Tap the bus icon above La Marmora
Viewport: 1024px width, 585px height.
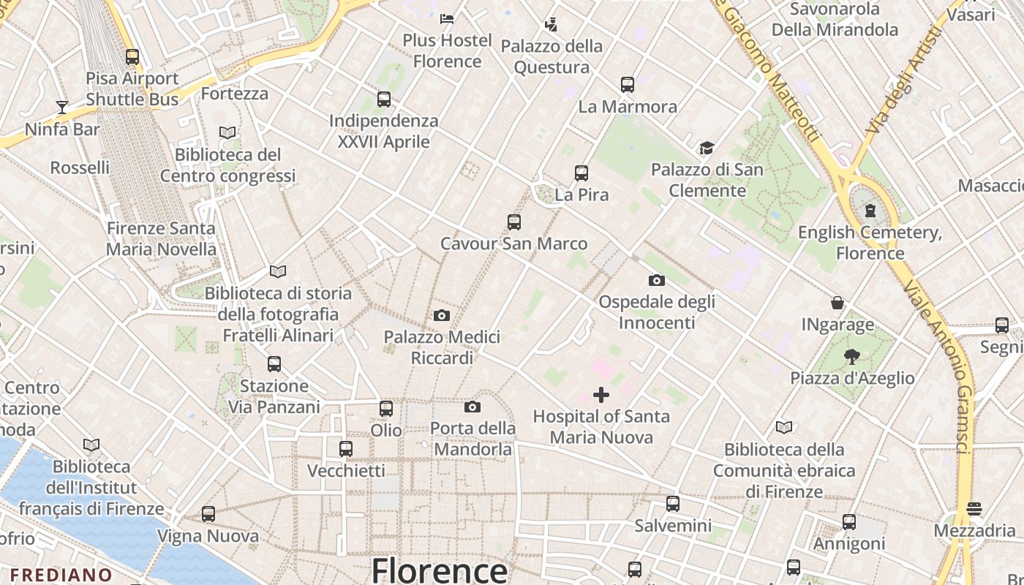pyautogui.click(x=628, y=84)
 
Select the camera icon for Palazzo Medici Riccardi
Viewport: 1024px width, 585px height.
pyautogui.click(x=442, y=315)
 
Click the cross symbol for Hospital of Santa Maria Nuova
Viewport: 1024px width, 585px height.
pyautogui.click(x=601, y=395)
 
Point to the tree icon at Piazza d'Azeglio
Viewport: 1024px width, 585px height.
pyautogui.click(x=851, y=356)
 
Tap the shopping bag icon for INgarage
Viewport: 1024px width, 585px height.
pyautogui.click(x=837, y=303)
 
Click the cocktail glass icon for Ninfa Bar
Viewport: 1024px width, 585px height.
pyautogui.click(x=62, y=107)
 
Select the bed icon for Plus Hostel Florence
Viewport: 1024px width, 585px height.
pyautogui.click(x=447, y=18)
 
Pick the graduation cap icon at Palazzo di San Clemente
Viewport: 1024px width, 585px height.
pyautogui.click(x=707, y=148)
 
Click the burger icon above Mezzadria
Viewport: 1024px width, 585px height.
pyautogui.click(x=974, y=508)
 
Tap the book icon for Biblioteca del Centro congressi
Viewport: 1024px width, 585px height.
pyautogui.click(x=227, y=132)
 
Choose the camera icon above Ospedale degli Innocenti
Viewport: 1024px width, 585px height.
pyautogui.click(x=657, y=280)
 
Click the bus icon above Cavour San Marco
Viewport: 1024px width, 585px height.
pyautogui.click(x=514, y=222)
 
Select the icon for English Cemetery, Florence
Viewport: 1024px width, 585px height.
pyautogui.click(x=870, y=211)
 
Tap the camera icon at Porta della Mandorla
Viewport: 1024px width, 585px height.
pyautogui.click(x=473, y=407)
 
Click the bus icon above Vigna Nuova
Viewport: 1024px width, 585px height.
pyautogui.click(x=208, y=514)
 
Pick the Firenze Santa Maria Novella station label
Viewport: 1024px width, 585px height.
pyautogui.click(x=161, y=238)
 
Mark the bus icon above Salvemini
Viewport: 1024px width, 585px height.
pyautogui.click(x=673, y=503)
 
